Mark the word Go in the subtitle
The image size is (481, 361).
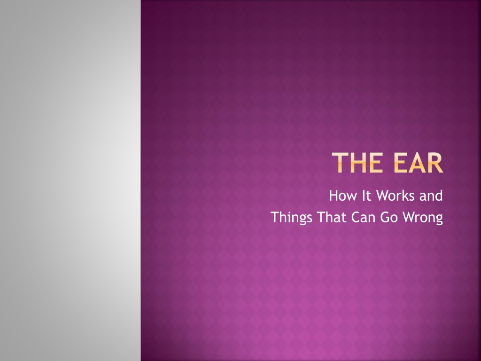(389, 217)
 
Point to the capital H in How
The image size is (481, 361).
(334, 196)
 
